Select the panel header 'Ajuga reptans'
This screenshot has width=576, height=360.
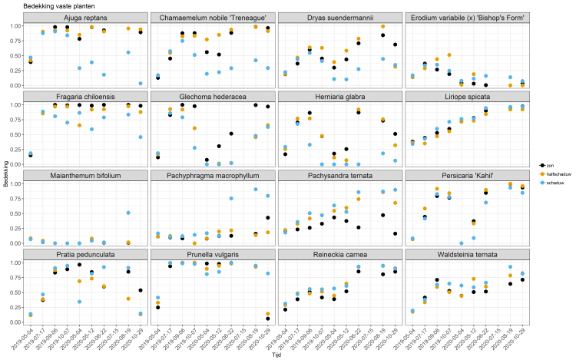(85, 17)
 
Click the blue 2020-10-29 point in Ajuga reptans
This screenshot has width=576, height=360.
(141, 84)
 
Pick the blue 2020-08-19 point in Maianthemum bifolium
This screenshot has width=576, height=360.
(127, 213)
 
